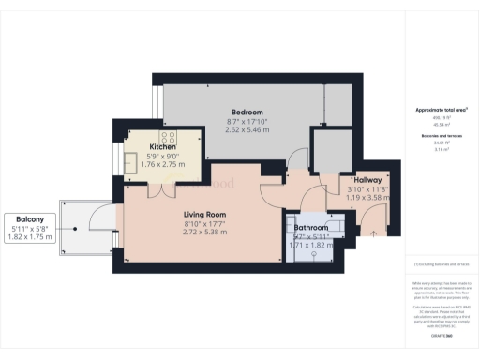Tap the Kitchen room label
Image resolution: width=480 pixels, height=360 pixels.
[x=162, y=146]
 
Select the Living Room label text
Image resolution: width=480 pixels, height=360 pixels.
[x=202, y=214]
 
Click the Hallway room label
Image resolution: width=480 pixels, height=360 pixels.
[x=367, y=180]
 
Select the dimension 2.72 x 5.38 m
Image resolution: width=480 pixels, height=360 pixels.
[x=202, y=232]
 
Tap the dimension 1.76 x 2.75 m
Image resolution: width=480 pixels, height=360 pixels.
[x=162, y=164]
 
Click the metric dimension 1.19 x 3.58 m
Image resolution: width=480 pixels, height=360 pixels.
[x=367, y=198]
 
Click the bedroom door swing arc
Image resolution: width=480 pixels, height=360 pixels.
[x=298, y=158]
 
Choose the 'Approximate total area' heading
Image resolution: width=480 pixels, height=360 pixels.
[x=442, y=110]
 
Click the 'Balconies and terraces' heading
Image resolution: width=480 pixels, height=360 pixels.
[x=442, y=136]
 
